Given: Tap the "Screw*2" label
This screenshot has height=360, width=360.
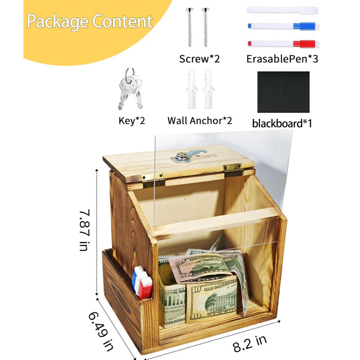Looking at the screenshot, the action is tap(199, 59).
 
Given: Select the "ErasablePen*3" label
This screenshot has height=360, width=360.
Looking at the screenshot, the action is tap(282, 59).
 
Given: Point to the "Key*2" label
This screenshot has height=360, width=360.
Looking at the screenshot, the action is tap(131, 121).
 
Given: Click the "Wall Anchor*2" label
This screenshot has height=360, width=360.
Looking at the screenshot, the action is tap(200, 121).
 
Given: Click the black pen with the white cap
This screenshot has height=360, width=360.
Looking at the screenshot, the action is tap(283, 9).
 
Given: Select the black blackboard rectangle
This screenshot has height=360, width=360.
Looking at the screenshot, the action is tap(283, 92).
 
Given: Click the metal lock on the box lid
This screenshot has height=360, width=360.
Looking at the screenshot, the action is tap(183, 156).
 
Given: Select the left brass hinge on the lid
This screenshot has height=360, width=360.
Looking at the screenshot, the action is tap(153, 179).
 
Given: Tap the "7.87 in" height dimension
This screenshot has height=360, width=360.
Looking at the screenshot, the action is tap(84, 230).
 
